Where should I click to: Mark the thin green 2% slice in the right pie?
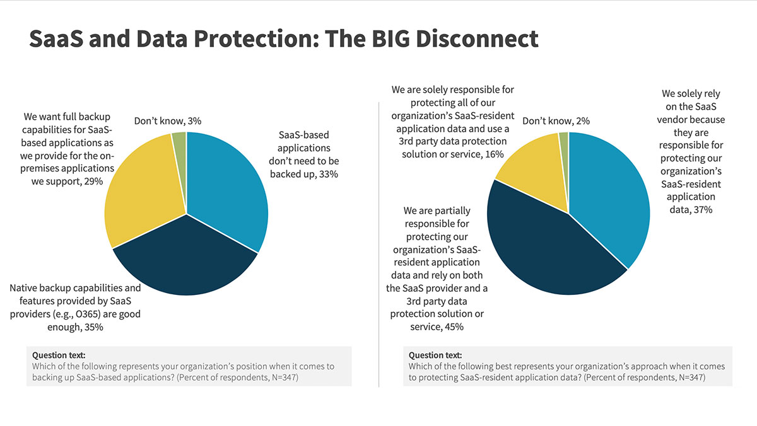[564, 140]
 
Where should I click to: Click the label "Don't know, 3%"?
[167, 121]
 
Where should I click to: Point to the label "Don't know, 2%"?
[556, 121]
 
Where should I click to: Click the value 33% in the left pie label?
[329, 174]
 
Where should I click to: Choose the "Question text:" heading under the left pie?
[59, 355]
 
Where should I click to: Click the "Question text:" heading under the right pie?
[435, 355]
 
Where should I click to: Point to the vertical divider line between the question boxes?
[378, 366]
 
